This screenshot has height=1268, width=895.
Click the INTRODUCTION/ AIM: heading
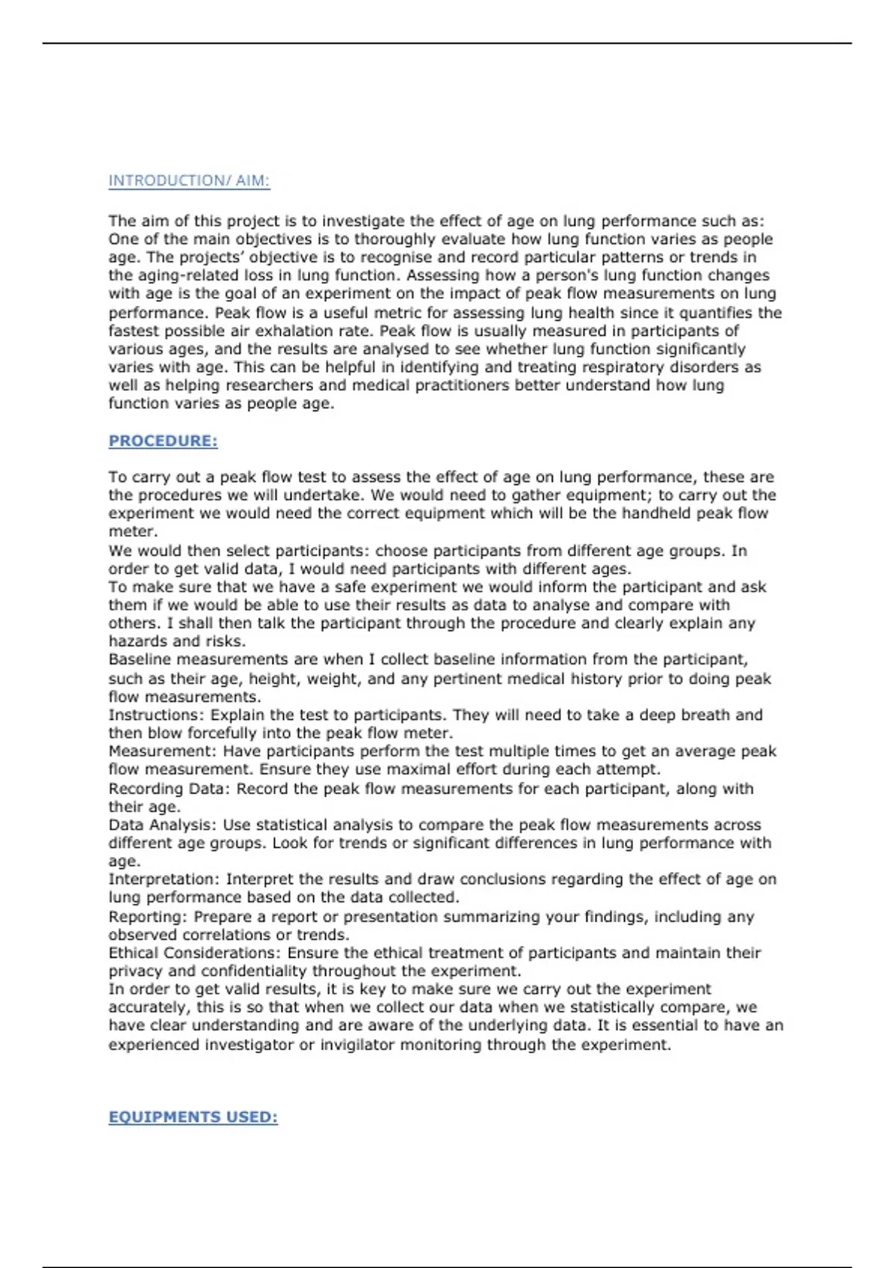pos(189,181)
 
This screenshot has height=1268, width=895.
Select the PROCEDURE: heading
pos(163,441)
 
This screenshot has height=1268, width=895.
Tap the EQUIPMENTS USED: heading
pos(192,1117)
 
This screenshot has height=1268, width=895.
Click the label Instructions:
pos(157,715)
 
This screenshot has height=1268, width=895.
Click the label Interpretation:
pos(164,879)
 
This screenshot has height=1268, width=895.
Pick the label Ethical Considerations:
pos(195,952)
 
